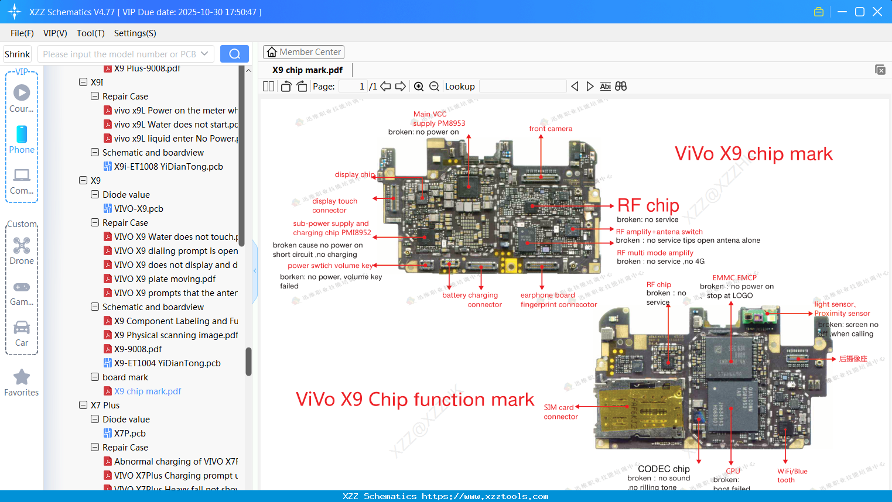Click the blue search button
(x=234, y=54)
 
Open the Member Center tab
(x=303, y=52)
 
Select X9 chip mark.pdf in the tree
(x=147, y=391)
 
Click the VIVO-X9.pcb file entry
(x=138, y=209)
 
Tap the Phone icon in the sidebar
(x=22, y=135)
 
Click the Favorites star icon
(x=22, y=377)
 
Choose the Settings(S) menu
(x=135, y=33)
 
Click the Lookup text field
(x=522, y=87)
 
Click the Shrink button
(x=17, y=54)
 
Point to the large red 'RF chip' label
(x=648, y=205)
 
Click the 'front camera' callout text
(x=551, y=129)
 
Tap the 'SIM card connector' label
(x=560, y=412)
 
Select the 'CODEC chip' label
(x=664, y=469)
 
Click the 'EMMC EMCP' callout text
(x=734, y=278)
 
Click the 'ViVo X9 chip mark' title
(x=753, y=154)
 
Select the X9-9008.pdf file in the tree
(x=138, y=349)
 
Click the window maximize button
(x=860, y=12)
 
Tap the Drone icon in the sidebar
(x=22, y=246)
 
